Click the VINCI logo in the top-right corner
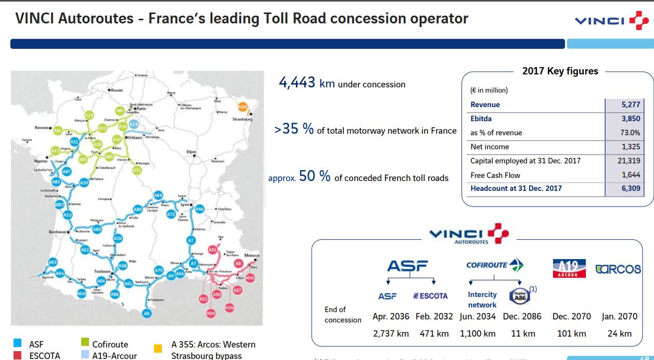[611, 20]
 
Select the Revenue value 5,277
[631, 105]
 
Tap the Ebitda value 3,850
[631, 119]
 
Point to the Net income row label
[490, 147]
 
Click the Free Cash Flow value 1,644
[631, 175]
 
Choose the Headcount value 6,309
[631, 188]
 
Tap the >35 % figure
[294, 129]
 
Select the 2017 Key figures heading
[560, 71]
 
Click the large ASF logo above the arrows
[407, 266]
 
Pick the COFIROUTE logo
[495, 265]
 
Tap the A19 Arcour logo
[569, 268]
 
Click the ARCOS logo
[618, 269]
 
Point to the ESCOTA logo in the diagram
[430, 295]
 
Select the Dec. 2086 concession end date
[522, 316]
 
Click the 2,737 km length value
[391, 333]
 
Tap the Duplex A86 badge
[520, 295]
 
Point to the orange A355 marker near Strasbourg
[242, 107]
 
